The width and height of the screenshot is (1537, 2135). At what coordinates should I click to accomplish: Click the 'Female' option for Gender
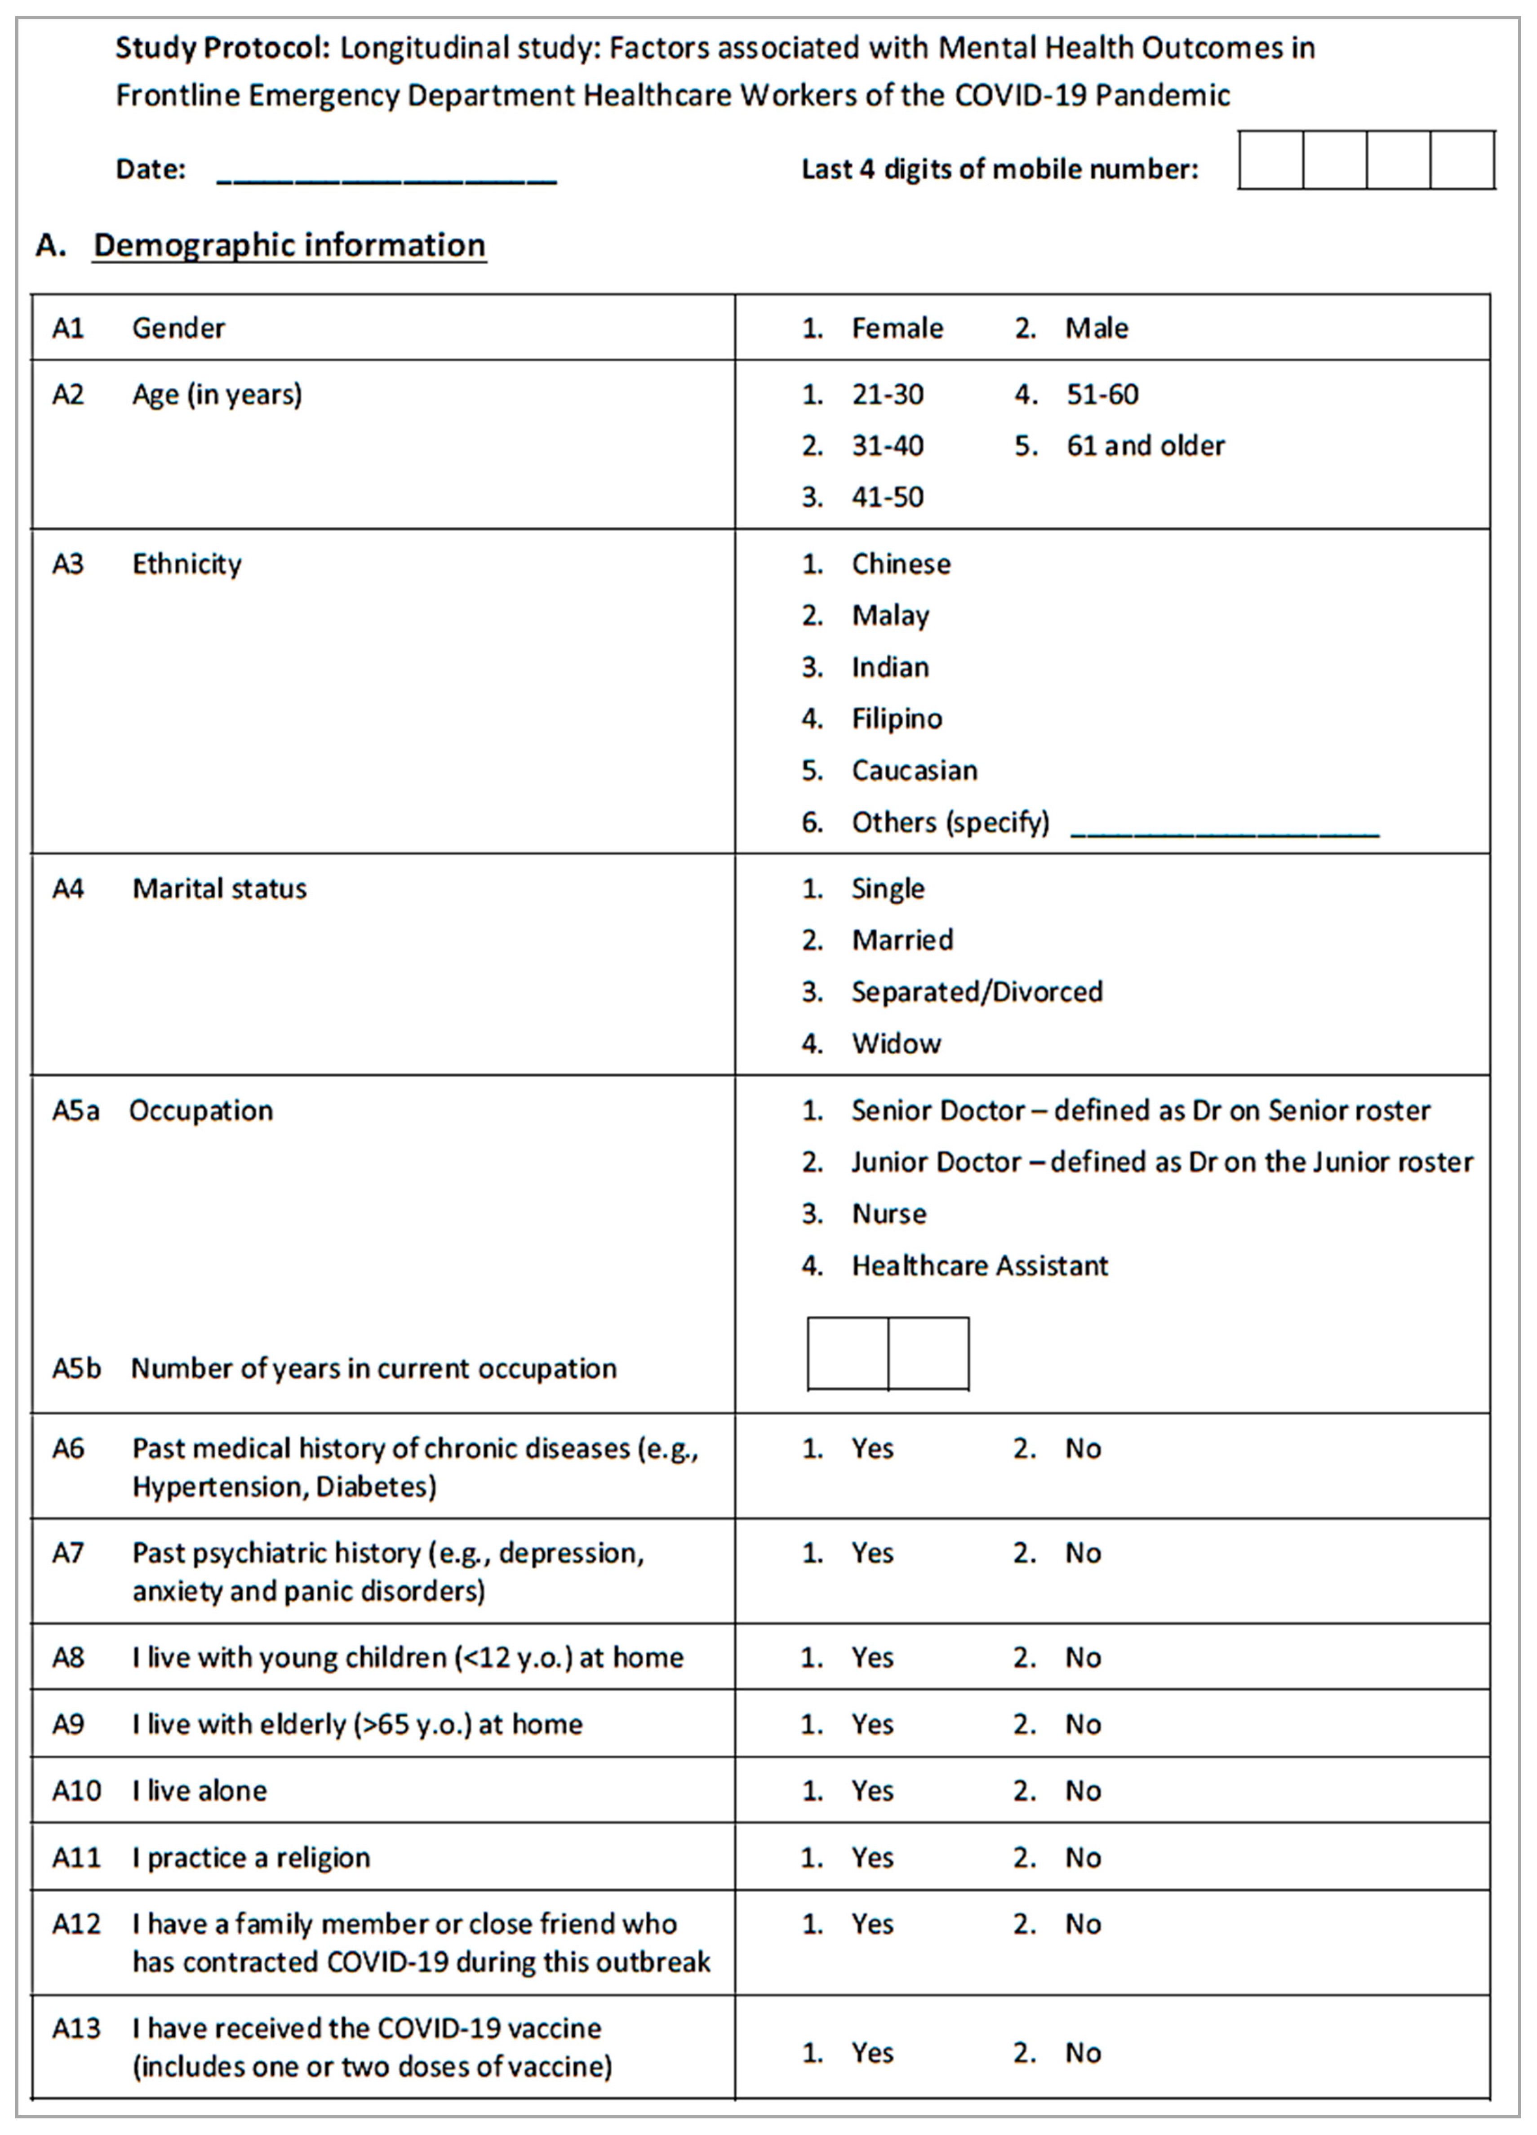coord(896,328)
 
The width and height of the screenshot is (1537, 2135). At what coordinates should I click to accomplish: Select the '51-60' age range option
coord(1101,395)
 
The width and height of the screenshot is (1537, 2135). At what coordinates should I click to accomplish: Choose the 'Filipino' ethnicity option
coord(896,719)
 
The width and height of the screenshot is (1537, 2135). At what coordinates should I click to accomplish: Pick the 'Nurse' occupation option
coord(888,1214)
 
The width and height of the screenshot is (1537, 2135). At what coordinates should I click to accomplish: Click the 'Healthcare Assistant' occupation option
coord(979,1266)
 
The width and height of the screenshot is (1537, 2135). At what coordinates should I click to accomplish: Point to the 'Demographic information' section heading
coord(289,246)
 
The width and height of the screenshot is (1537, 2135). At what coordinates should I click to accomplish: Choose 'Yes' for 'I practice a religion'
coord(871,1858)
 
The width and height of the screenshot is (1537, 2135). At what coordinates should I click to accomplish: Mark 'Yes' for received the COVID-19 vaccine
coord(871,2053)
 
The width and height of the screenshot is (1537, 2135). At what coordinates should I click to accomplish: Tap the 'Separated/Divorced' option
coord(976,992)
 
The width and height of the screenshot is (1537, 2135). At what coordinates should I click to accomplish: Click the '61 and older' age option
coord(1145,446)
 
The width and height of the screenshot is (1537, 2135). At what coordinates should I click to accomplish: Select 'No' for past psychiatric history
coord(1082,1553)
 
